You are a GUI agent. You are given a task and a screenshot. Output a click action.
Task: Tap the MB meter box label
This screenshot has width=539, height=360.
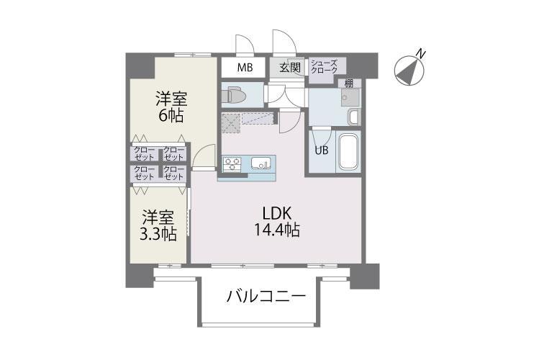tap(245, 68)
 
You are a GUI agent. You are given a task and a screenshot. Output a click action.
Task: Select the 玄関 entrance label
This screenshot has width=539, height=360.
tap(289, 68)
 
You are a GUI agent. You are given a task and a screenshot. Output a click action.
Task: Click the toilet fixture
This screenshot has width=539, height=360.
tap(234, 94)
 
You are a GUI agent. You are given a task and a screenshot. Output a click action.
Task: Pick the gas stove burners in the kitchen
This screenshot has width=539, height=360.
tap(232, 164)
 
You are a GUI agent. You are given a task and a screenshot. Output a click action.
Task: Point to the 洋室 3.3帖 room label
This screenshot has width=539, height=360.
tap(158, 225)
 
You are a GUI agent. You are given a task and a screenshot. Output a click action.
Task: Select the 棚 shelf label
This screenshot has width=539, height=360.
tap(348, 83)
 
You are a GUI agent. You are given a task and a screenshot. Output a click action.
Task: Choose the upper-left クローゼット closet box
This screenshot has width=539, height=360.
tap(144, 153)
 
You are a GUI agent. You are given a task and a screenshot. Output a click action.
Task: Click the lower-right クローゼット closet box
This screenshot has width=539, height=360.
tap(173, 173)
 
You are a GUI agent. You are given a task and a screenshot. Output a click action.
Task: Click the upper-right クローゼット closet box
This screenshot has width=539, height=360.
tap(173, 153)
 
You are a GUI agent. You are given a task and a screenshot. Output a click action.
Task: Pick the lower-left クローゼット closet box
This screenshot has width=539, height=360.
tap(144, 173)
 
